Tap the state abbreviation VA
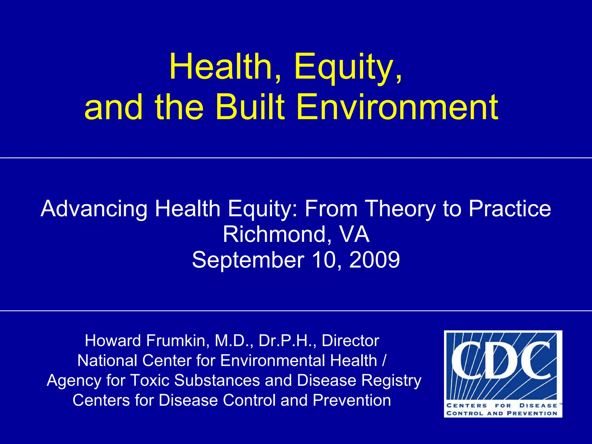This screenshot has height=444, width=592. click(x=354, y=234)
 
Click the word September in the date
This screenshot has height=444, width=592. click(x=248, y=260)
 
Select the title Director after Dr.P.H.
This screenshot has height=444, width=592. click(x=350, y=341)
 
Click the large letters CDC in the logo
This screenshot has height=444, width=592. click(x=502, y=360)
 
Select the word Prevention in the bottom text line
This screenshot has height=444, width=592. click(x=352, y=400)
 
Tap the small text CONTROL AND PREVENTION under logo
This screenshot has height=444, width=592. click(x=502, y=413)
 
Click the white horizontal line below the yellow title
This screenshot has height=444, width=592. click(x=296, y=158)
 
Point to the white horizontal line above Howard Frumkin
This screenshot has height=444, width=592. click(x=296, y=311)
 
